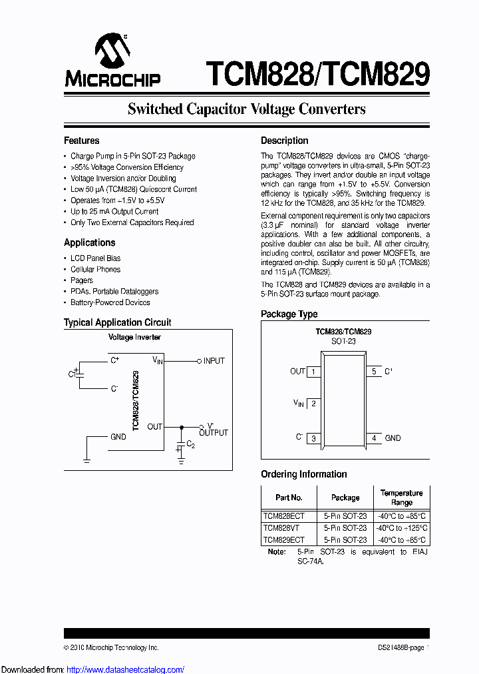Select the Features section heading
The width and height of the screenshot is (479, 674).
[x=81, y=141]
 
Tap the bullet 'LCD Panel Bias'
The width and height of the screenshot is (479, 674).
[x=96, y=258]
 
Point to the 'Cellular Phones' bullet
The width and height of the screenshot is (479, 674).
[x=96, y=270]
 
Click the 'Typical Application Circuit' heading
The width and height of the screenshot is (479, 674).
[x=117, y=322]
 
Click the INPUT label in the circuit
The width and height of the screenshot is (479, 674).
[x=214, y=361]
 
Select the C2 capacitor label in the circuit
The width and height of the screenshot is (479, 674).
[x=190, y=444]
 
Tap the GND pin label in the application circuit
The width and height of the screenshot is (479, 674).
[x=118, y=438]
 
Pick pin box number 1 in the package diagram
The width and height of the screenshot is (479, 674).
[x=313, y=372]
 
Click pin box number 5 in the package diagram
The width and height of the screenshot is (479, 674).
[x=374, y=372]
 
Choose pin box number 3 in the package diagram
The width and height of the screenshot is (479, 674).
[x=313, y=438]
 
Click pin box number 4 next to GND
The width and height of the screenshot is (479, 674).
[x=374, y=438]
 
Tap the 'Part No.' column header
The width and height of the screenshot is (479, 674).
[x=289, y=498]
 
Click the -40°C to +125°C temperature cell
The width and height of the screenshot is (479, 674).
[x=401, y=528]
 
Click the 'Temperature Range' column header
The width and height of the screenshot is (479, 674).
[x=401, y=498]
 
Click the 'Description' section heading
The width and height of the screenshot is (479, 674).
[x=284, y=141]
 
